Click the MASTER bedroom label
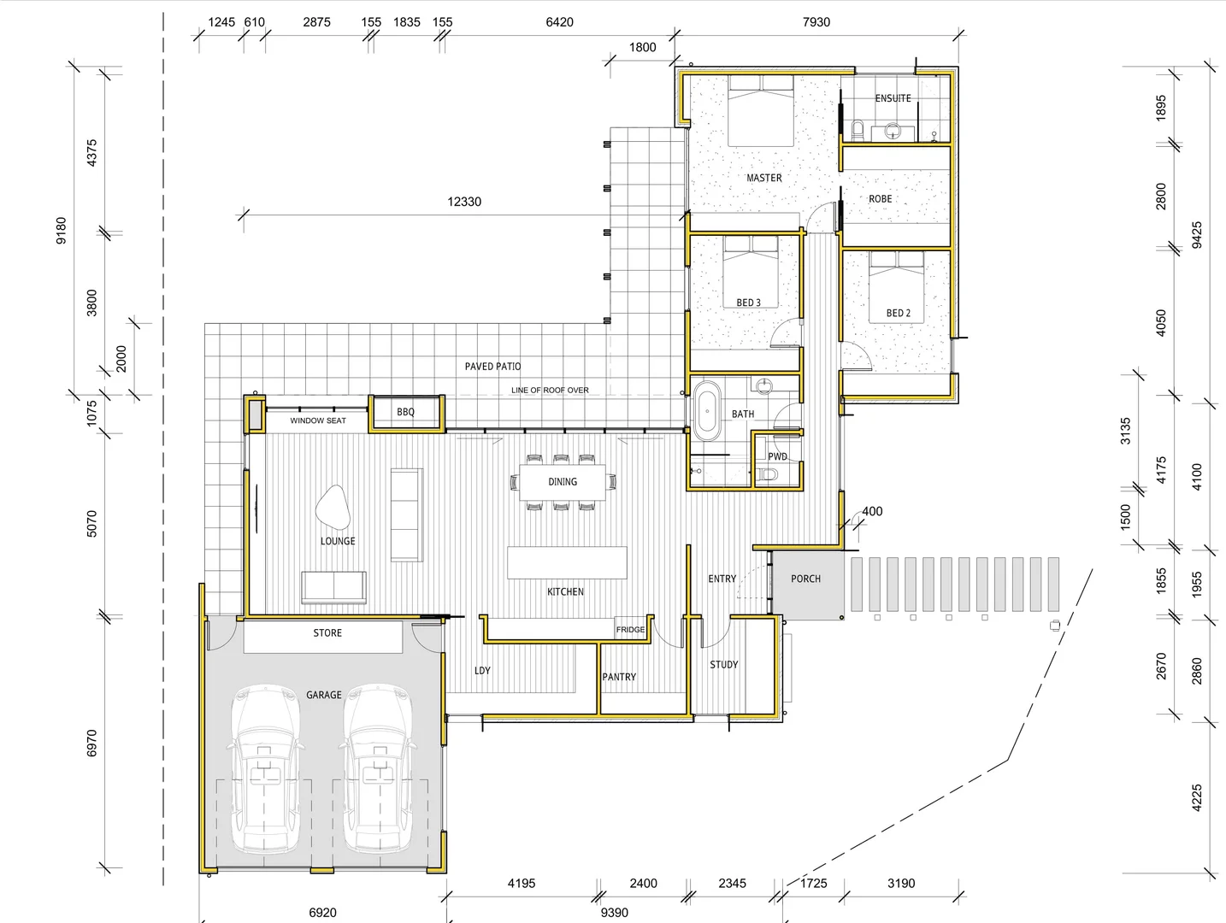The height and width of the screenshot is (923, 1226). [x=763, y=178]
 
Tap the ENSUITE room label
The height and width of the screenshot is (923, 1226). [x=893, y=98]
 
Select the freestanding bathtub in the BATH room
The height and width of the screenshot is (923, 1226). [x=706, y=411]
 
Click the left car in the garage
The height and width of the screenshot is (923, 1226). [x=266, y=767]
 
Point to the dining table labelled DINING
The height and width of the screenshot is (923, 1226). [x=562, y=482]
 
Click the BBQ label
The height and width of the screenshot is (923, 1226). [x=405, y=412]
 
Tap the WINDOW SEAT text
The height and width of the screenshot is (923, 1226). [x=318, y=420]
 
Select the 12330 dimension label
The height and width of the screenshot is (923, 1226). [x=464, y=202]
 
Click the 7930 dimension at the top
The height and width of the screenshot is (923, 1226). [x=816, y=22]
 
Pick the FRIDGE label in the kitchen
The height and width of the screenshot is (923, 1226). [x=630, y=630]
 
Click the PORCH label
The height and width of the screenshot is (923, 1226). [x=805, y=579]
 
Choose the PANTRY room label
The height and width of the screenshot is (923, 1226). [x=619, y=677]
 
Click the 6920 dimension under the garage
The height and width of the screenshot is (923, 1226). [x=322, y=913]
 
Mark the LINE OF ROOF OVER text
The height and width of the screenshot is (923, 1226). [x=550, y=391]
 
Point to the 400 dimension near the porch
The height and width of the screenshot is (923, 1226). [x=872, y=512]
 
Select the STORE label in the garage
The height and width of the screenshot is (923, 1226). [x=327, y=633]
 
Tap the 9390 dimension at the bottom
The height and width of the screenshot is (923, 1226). [x=614, y=913]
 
